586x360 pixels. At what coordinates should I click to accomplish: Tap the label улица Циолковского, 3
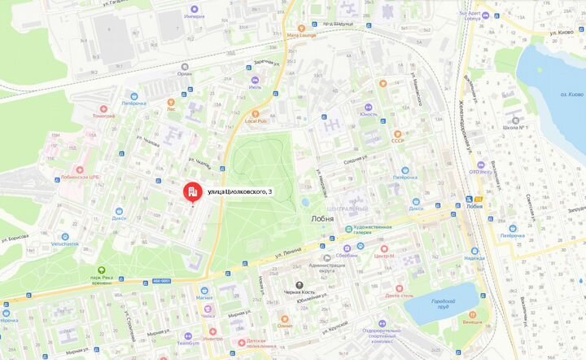click(240, 191)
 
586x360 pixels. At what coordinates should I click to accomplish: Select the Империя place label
click(194, 16)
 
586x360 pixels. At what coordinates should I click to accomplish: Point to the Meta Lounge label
click(301, 36)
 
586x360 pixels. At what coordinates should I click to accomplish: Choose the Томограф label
click(103, 116)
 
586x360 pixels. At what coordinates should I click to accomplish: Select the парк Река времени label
click(102, 279)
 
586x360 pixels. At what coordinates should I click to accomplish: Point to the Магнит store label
click(204, 298)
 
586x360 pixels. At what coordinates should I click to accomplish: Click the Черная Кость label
click(299, 292)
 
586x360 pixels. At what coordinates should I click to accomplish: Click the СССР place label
click(397, 141)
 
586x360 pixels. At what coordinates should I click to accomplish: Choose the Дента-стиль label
click(400, 296)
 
